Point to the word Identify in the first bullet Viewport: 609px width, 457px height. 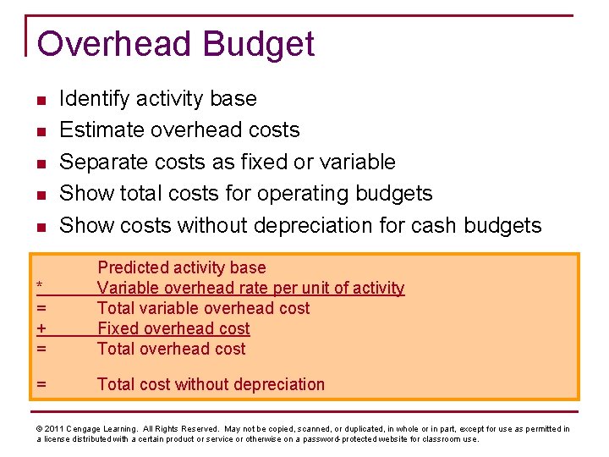pos(94,99)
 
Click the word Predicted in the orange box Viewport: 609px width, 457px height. pos(132,268)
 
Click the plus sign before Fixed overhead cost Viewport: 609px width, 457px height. pos(41,328)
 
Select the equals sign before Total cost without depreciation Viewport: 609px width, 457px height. pos(41,384)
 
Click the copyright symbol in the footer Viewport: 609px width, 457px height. pos(40,429)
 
